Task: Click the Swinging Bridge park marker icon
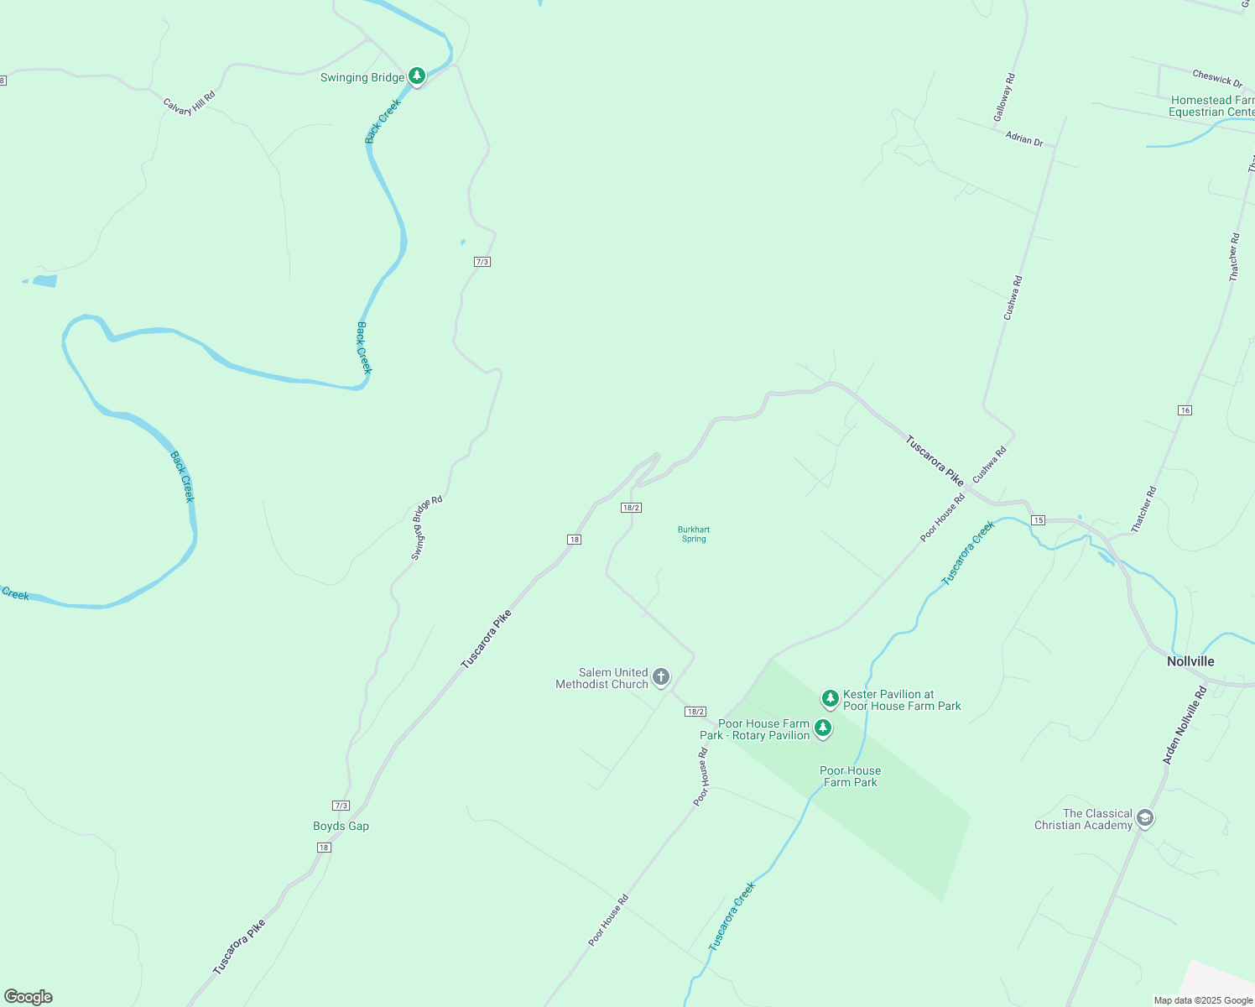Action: (x=417, y=76)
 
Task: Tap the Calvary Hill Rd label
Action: (x=189, y=102)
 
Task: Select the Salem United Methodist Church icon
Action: (x=661, y=676)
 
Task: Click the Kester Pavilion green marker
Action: (x=830, y=698)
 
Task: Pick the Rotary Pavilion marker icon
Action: (x=823, y=728)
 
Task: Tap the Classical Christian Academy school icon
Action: (x=1145, y=818)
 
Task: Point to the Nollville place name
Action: (x=1190, y=661)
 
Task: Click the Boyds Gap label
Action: (x=341, y=826)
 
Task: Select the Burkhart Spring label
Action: (x=694, y=534)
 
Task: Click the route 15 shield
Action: (x=1039, y=520)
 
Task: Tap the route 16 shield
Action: (x=1185, y=410)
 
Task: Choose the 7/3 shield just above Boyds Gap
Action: (x=341, y=806)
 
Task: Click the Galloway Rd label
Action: (x=1004, y=97)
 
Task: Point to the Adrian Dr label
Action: (x=1024, y=138)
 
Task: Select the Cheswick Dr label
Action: (x=1217, y=78)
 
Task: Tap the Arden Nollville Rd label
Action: (x=1185, y=725)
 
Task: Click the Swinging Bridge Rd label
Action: (x=426, y=528)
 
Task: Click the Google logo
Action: (x=29, y=997)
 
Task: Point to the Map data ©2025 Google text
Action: (x=1203, y=1000)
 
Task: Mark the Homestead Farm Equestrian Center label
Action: (x=1212, y=106)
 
